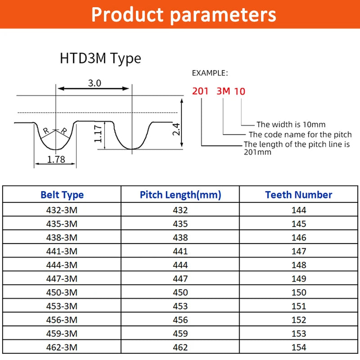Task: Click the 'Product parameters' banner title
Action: (x=184, y=14)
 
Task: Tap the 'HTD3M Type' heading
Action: (x=100, y=58)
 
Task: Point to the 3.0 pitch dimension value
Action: (x=94, y=83)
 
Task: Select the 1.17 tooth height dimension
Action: (x=99, y=134)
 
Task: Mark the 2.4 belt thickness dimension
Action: (x=176, y=130)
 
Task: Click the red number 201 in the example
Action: (x=200, y=91)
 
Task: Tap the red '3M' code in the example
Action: (x=223, y=91)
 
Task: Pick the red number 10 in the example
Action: (x=240, y=91)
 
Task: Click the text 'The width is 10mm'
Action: (x=291, y=125)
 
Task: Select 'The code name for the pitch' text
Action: (x=300, y=135)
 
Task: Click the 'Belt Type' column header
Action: (x=62, y=195)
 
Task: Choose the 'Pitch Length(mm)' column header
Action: (x=180, y=195)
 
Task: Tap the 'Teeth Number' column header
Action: (x=298, y=195)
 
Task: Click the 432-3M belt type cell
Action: (x=62, y=210)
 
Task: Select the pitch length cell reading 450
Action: (x=180, y=292)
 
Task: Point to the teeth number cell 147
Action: (x=298, y=251)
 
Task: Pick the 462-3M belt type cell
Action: (x=62, y=347)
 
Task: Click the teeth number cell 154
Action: (x=298, y=347)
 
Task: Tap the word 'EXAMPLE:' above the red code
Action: (x=210, y=73)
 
